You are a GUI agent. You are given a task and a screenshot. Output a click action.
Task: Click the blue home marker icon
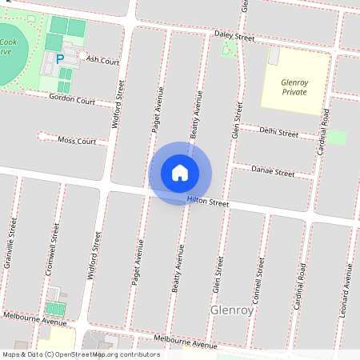[180, 173]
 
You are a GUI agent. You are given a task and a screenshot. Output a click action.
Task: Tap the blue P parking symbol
[59, 59]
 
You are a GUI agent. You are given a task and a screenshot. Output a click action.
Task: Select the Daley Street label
[234, 37]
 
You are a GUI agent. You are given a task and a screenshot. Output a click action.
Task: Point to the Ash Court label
[102, 60]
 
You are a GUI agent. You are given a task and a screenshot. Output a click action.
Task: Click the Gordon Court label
[72, 101]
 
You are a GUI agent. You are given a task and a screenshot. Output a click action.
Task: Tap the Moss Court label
[77, 142]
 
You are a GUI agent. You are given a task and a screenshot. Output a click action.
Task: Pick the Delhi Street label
[279, 132]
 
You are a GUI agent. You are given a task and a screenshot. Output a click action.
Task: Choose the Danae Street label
[273, 171]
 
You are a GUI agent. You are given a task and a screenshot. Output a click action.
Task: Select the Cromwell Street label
[53, 249]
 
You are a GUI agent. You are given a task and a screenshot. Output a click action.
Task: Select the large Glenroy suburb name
[231, 310]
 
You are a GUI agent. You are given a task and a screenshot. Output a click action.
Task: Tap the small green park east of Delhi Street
[337, 137]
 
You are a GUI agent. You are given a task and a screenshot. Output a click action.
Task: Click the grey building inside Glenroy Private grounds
[274, 57]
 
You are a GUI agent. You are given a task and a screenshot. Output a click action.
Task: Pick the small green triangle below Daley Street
[228, 50]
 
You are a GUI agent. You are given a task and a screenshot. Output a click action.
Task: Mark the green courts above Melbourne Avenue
[56, 309]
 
